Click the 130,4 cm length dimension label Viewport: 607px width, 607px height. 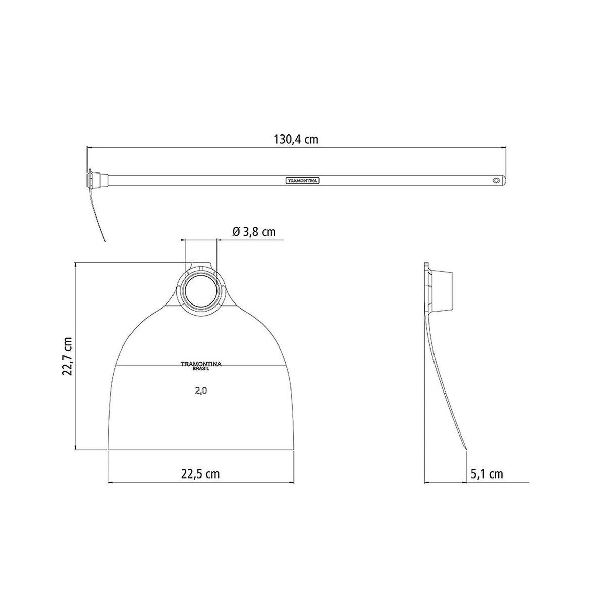(x=296, y=139)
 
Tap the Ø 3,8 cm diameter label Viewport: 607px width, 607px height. (x=253, y=232)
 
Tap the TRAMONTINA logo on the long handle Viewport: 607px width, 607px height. (x=302, y=181)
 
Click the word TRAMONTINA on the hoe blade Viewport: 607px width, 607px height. (x=201, y=364)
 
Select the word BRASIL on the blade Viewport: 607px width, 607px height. (x=201, y=369)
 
